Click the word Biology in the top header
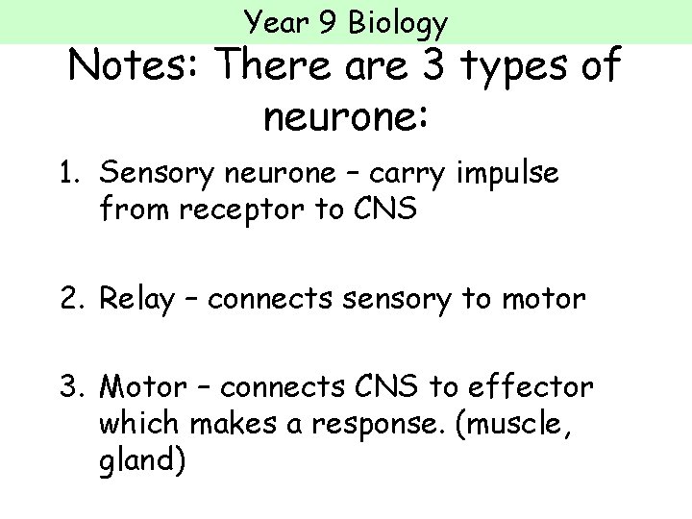(401, 21)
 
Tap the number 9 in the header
(329, 20)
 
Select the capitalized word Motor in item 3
(143, 387)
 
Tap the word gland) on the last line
(141, 458)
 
